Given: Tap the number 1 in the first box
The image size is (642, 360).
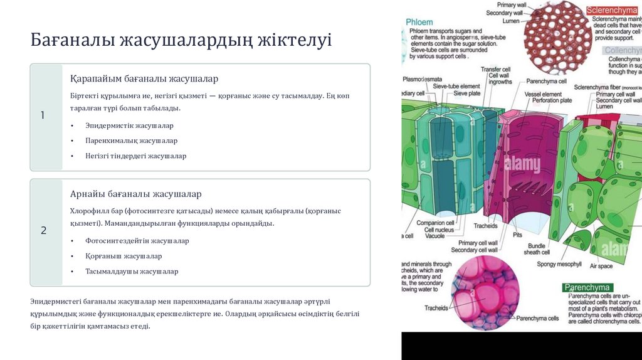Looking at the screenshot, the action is (x=43, y=115).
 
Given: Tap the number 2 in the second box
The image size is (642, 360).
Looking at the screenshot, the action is (x=43, y=231).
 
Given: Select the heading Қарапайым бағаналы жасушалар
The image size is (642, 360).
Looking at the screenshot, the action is (x=144, y=78).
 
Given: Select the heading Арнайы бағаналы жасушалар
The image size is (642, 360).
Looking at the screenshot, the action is (x=135, y=194).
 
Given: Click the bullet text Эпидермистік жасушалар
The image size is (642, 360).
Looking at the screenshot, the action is (x=129, y=125).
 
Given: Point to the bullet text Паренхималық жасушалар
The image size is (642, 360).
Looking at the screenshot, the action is (x=131, y=140).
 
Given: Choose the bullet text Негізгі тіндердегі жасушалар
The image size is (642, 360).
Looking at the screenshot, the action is (x=135, y=156).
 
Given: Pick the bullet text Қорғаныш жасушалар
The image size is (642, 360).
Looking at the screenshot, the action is (x=124, y=256).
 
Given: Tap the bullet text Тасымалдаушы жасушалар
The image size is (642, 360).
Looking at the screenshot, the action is (x=132, y=272).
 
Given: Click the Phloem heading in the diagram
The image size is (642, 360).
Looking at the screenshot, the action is (x=419, y=22).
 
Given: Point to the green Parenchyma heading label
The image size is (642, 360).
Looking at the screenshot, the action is (x=587, y=288).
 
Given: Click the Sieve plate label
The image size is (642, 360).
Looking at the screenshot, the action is (x=466, y=93).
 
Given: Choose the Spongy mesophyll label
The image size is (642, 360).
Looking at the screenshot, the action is (x=559, y=264).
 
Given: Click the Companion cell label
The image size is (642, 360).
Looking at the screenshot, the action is (x=431, y=223).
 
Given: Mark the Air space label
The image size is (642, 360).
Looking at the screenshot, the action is (x=601, y=266).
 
